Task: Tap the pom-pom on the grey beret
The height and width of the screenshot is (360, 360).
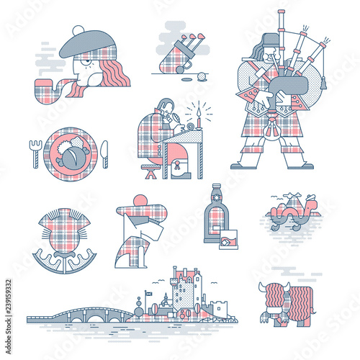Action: click(76, 31)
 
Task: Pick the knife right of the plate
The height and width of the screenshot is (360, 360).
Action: click(105, 152)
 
